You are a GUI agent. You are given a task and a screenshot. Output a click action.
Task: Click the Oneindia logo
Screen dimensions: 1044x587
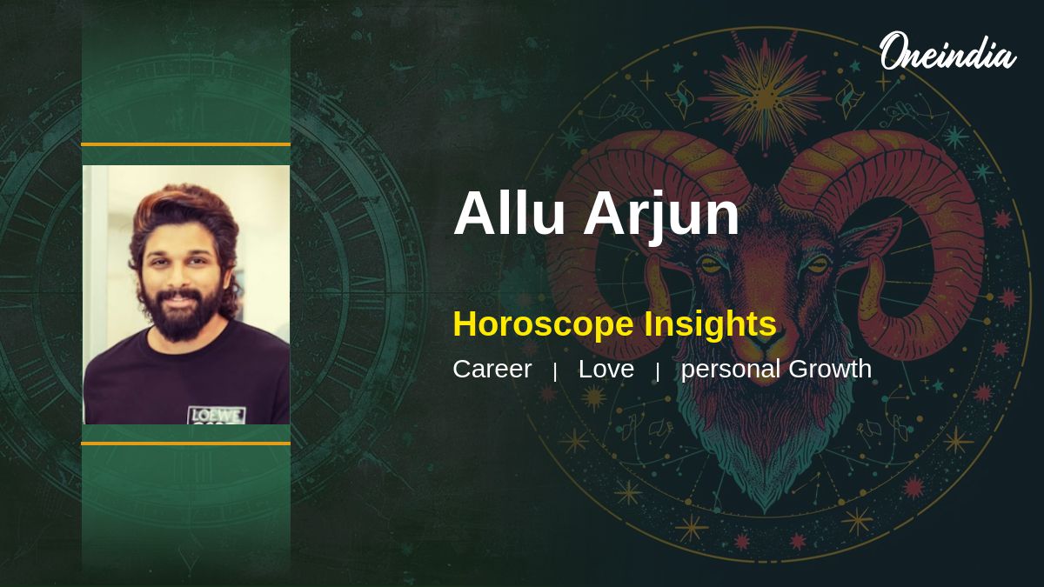(948, 51)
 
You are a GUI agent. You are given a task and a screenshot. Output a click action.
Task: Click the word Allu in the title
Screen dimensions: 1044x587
(510, 213)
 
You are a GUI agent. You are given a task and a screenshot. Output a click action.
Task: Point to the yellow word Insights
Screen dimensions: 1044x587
(710, 324)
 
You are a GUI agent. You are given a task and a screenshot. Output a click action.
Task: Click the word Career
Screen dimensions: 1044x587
(492, 369)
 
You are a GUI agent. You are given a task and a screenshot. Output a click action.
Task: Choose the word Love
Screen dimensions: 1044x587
(606, 369)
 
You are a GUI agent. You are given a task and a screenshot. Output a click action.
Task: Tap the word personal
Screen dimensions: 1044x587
(730, 370)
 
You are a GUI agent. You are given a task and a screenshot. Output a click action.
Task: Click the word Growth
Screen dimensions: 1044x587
(830, 369)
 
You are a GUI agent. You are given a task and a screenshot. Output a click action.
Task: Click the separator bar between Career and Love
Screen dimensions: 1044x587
(555, 372)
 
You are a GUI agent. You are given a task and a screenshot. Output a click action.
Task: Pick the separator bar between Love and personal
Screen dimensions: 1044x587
(657, 372)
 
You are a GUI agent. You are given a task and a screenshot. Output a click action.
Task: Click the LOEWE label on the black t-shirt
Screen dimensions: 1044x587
(217, 415)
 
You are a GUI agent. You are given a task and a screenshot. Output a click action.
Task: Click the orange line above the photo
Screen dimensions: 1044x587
(185, 144)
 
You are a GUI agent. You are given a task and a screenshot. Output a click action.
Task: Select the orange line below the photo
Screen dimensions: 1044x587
(185, 444)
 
